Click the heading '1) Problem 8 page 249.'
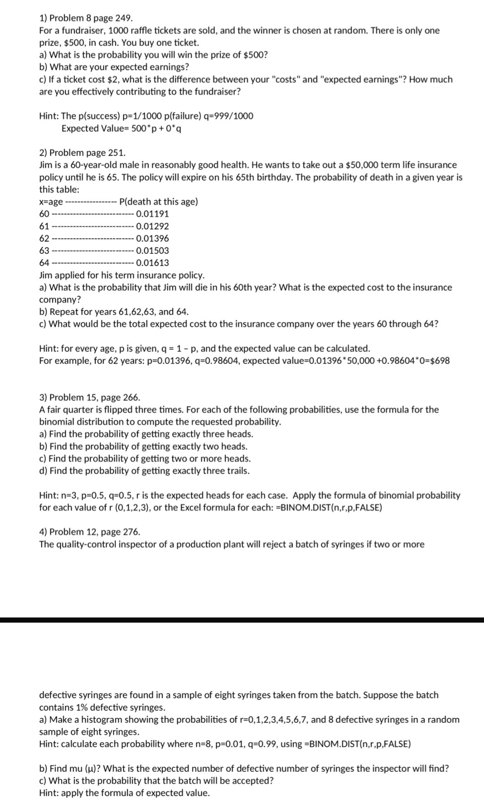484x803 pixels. coord(86,18)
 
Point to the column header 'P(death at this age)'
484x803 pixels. coord(159,201)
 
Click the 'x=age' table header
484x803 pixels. coord(51,202)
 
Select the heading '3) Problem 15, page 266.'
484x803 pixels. coord(90,397)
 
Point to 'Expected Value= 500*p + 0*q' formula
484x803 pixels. coord(124,129)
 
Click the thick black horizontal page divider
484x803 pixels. coord(242,620)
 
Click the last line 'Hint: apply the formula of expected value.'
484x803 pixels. coord(125,793)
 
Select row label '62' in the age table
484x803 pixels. coord(44,239)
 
